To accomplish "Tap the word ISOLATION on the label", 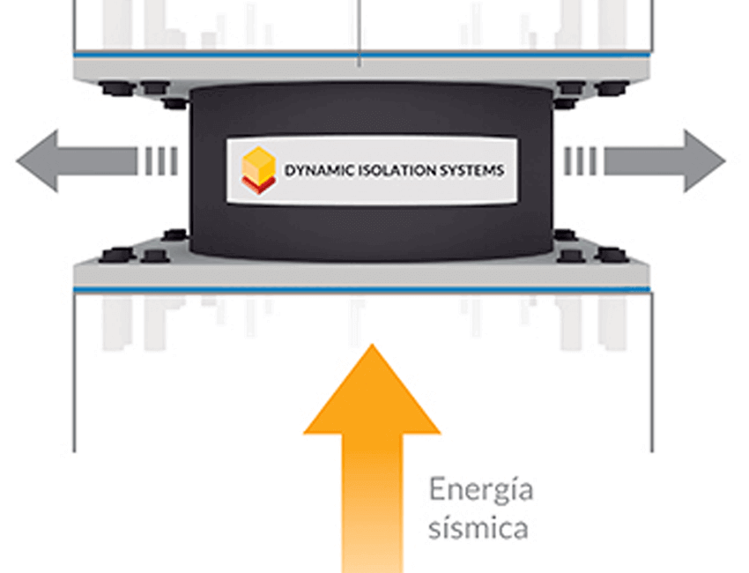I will coord(396,170).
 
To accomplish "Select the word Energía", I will coord(481,490).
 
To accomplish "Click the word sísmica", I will coord(478,528).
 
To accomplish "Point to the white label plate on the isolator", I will coord(371,170).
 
